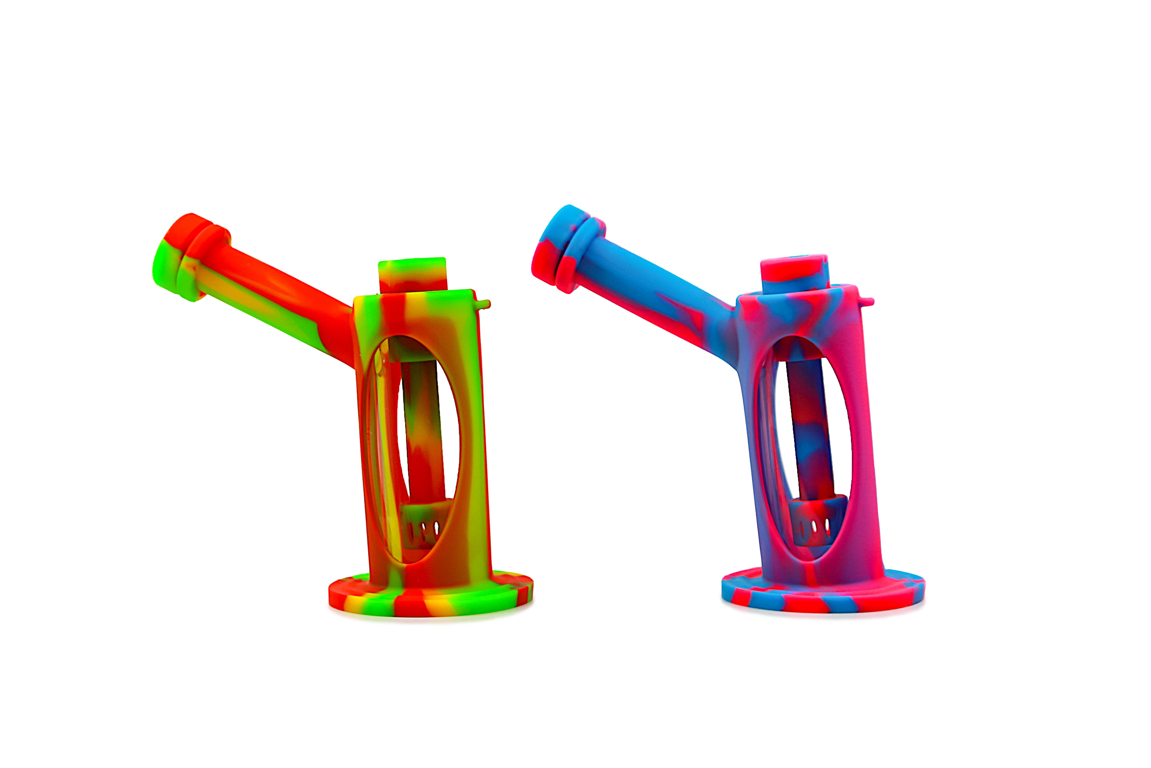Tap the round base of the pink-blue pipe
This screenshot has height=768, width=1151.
[822, 597]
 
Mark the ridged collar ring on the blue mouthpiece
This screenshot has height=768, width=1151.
[582, 250]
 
